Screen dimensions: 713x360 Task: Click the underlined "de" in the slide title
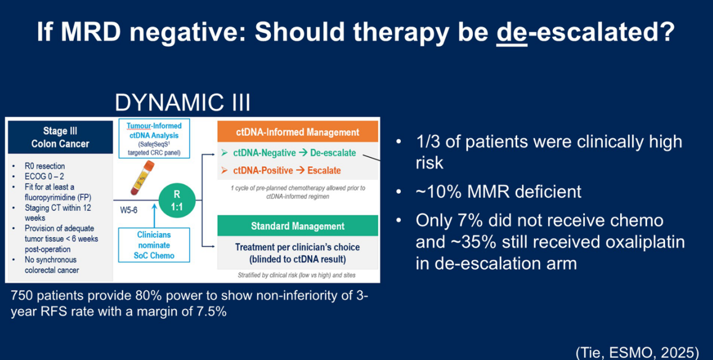pos(512,32)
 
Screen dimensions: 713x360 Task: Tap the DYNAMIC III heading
pos(182,103)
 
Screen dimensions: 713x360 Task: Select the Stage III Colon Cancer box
pos(60,137)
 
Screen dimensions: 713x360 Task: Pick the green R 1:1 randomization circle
pos(177,199)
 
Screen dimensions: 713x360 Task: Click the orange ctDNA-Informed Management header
pos(298,132)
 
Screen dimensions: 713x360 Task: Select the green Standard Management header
pos(298,226)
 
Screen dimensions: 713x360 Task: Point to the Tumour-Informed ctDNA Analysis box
pos(154,138)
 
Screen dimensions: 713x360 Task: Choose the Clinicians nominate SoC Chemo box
pos(154,244)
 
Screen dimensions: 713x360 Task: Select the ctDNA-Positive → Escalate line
pos(281,170)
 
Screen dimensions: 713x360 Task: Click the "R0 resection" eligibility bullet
pos(44,166)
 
